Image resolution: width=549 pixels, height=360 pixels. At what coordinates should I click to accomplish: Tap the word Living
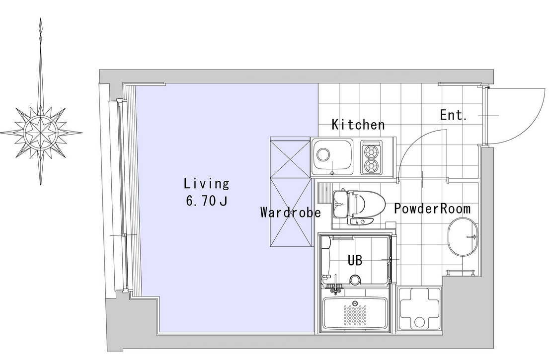click(207, 184)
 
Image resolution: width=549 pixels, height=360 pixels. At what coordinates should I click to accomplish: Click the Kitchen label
click(358, 125)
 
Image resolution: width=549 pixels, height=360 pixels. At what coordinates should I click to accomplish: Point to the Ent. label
click(454, 115)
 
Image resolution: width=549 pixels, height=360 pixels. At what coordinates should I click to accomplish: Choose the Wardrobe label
click(291, 213)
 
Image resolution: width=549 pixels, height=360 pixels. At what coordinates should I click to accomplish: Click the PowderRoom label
click(432, 209)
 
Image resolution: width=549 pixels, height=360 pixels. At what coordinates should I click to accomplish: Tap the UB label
click(355, 261)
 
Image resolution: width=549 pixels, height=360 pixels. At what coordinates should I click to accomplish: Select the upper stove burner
click(372, 152)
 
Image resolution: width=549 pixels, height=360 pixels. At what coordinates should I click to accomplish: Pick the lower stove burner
click(372, 165)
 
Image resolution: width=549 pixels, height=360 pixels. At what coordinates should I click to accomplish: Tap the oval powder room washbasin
click(463, 237)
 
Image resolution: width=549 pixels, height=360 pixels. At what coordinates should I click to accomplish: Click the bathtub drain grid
click(355, 314)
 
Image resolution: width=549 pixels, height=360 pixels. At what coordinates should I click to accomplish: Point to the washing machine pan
click(419, 309)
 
